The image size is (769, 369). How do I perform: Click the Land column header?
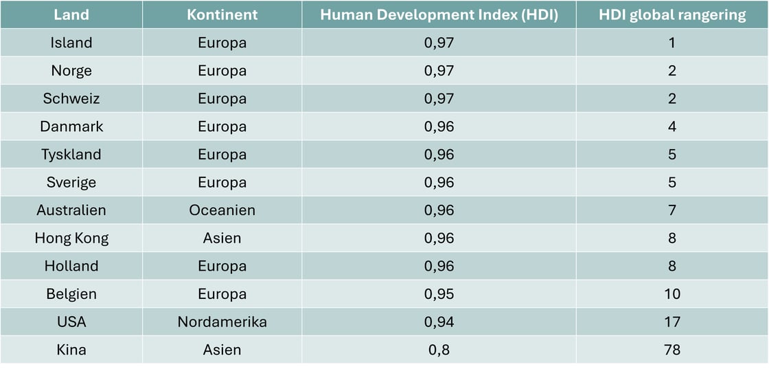[71, 14]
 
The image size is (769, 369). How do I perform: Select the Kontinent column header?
[222, 14]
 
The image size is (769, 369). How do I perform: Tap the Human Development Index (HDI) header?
[439, 14]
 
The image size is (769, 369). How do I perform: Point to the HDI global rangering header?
[672, 14]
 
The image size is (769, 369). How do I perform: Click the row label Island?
[71, 43]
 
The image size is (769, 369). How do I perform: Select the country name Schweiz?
[71, 99]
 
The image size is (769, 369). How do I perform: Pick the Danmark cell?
[71, 126]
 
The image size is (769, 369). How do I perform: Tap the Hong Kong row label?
[71, 238]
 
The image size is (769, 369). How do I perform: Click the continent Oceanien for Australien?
[222, 210]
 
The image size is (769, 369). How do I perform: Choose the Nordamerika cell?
[222, 322]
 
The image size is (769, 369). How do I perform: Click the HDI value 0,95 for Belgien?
[439, 294]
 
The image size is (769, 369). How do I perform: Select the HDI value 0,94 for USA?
[439, 322]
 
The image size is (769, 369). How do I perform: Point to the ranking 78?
[672, 350]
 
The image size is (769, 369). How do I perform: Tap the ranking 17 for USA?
[672, 322]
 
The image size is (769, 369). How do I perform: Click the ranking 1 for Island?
[672, 43]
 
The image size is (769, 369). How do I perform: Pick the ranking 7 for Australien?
[672, 210]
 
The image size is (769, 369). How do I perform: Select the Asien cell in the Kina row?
[222, 350]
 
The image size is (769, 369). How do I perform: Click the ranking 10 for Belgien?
[672, 294]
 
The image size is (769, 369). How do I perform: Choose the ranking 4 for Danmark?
[672, 126]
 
